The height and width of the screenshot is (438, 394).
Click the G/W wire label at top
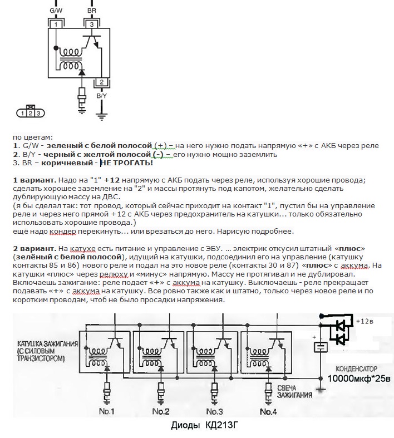[56, 11]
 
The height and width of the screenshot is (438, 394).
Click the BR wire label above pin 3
[92, 11]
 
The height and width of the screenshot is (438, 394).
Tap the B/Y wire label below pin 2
[102, 96]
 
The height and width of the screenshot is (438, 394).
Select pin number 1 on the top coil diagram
[56, 24]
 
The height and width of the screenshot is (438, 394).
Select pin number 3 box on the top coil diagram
[92, 24]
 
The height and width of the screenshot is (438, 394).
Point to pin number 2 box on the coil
[102, 82]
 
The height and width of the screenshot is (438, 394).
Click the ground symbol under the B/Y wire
[102, 117]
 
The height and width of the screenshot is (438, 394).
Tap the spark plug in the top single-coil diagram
[82, 98]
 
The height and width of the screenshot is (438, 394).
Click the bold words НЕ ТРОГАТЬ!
[126, 163]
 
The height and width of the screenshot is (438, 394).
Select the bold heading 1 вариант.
[35, 180]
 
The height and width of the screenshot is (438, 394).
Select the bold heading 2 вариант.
[35, 249]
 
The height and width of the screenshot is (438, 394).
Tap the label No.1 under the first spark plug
[106, 411]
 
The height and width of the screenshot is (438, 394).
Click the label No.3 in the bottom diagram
[214, 411]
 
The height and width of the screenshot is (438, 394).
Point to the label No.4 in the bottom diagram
[268, 411]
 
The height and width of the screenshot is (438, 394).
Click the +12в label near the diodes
[365, 321]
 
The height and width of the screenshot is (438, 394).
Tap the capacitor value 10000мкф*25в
[359, 378]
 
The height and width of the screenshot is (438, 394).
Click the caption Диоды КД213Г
[205, 425]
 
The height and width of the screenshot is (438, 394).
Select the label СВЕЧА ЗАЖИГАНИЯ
[294, 392]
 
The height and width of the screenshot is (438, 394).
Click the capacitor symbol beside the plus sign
[321, 348]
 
